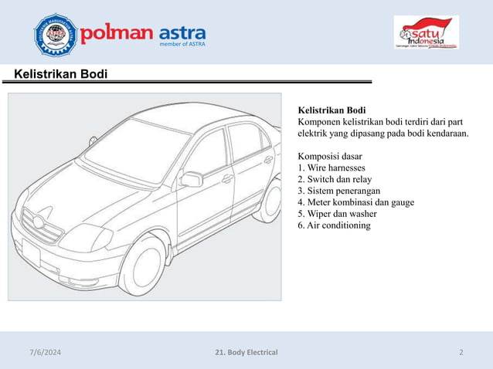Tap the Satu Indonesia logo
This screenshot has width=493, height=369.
click(426, 32)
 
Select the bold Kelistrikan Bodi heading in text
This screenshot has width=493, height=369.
click(331, 110)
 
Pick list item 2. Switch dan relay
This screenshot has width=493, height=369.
click(335, 179)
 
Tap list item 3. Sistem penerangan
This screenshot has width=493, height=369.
click(338, 191)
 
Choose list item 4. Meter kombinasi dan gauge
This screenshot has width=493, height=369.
click(355, 202)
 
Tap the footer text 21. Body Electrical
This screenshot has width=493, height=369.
click(246, 353)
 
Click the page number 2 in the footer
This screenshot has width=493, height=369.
click(461, 353)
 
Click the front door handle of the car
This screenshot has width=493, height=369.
click(227, 179)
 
